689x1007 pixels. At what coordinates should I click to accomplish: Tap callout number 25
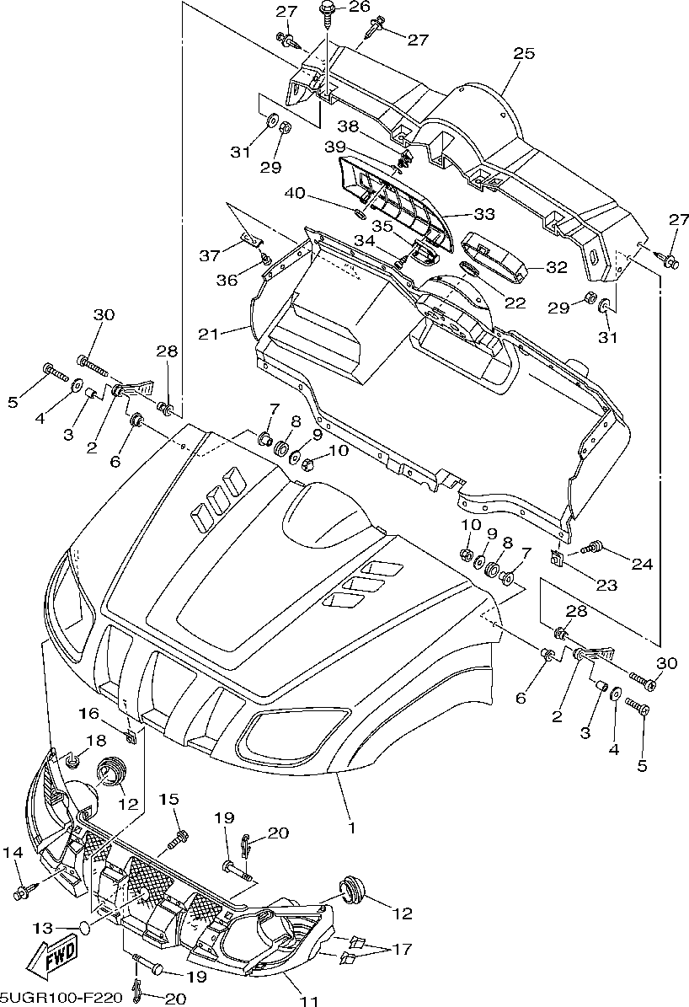point(524,53)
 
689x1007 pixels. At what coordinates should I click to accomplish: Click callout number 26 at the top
point(360,7)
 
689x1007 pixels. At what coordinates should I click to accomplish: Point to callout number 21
point(209,334)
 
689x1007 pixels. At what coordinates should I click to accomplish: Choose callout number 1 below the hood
point(351,828)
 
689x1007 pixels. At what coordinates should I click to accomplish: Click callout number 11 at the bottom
point(310,1000)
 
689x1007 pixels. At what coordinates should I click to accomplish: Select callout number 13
point(44,927)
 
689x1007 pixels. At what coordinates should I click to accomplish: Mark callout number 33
point(484,214)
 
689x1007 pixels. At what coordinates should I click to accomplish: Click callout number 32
point(556,267)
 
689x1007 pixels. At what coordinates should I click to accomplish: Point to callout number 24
point(642,564)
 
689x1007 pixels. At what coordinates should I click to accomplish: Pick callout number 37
point(210,255)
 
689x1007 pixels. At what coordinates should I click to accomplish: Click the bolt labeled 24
point(592,548)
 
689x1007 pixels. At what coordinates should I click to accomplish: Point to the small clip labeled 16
point(131,737)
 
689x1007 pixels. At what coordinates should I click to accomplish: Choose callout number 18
point(96,741)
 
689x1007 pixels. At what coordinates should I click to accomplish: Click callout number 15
point(168,799)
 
